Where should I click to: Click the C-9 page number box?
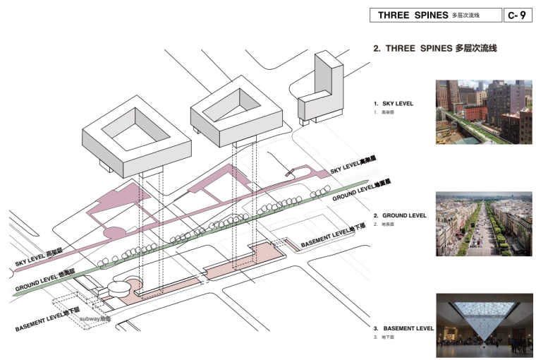click(x=516, y=16)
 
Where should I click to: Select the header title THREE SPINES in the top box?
click(x=413, y=16)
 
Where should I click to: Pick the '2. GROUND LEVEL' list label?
click(x=400, y=215)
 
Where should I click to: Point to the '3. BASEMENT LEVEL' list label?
click(x=403, y=328)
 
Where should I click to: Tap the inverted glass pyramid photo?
click(x=483, y=325)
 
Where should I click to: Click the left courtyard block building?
click(x=138, y=138)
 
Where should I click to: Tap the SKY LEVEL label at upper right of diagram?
click(x=357, y=166)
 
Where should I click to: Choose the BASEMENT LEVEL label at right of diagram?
click(x=334, y=237)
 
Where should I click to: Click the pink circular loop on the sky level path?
click(x=114, y=234)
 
